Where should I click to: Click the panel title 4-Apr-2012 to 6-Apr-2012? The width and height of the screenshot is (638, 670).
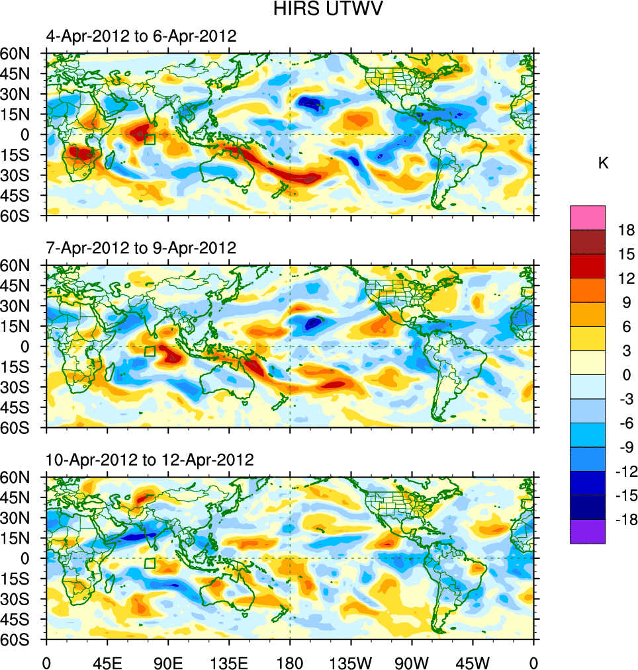(x=141, y=36)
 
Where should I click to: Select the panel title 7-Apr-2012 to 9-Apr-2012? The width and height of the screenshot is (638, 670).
(x=141, y=248)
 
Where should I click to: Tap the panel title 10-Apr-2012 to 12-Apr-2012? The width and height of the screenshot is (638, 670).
(x=150, y=460)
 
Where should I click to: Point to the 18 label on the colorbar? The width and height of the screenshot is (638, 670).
(x=626, y=230)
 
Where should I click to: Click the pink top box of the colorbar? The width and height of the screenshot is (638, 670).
(x=588, y=217)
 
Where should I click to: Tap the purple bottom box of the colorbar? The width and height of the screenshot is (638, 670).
(x=588, y=532)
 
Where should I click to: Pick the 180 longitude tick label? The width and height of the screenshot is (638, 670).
(x=290, y=661)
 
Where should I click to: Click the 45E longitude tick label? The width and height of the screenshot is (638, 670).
(x=107, y=661)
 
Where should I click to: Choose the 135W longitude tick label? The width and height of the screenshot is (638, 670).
(x=351, y=661)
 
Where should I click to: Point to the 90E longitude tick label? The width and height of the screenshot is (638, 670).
(x=168, y=661)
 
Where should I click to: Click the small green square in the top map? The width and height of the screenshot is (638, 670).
(x=150, y=139)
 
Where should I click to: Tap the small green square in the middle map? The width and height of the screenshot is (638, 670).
(x=150, y=351)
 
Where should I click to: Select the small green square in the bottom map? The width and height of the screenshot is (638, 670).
(x=150, y=563)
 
